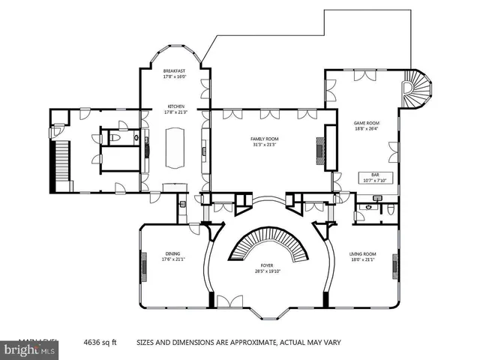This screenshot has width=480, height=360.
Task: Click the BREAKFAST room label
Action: [174, 70]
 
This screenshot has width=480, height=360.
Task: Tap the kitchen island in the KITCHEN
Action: [175, 147]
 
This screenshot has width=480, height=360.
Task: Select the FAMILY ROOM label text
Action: [264, 139]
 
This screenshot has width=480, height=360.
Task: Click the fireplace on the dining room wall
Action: [142, 263]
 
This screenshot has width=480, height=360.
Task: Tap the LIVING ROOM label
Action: [362, 254]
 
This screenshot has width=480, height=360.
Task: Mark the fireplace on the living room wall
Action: [395, 263]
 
